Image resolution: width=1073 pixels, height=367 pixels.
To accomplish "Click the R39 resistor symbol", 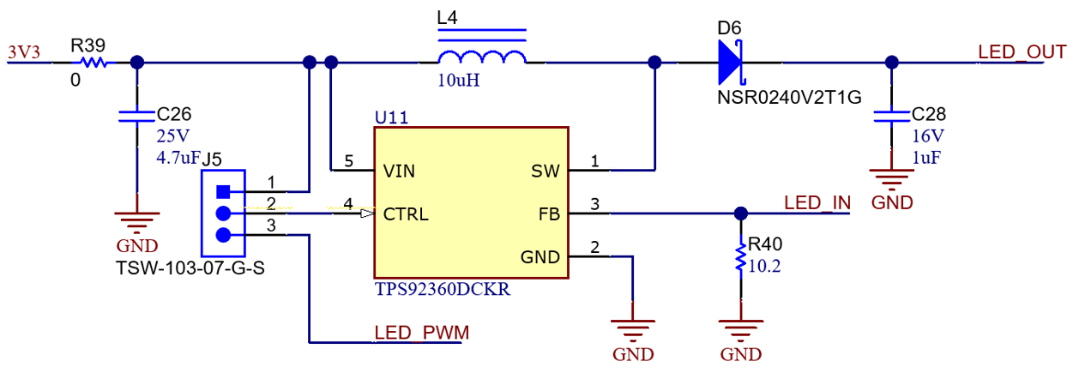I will point(93,63).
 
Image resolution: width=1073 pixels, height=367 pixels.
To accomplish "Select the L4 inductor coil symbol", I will point(482,57).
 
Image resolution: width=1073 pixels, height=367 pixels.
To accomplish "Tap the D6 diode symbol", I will point(731,62).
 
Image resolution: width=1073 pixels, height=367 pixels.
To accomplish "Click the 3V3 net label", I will point(24,52).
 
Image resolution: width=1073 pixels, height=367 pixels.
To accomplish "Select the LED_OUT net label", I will point(1022,51).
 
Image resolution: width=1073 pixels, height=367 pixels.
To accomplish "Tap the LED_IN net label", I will point(817,203).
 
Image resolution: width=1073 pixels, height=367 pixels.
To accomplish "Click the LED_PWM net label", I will point(421,333).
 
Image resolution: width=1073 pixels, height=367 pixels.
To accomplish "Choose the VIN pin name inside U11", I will point(399,171).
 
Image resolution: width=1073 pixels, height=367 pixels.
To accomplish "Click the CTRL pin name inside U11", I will point(406,214).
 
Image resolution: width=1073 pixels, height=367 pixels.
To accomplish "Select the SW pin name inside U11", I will point(546,171).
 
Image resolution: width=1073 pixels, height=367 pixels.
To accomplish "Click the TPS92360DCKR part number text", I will point(443,289).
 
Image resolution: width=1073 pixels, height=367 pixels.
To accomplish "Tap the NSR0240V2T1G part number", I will point(788,97).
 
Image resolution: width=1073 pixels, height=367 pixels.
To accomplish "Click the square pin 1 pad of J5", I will point(223,191).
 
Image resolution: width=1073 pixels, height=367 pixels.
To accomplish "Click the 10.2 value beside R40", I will point(765,266).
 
